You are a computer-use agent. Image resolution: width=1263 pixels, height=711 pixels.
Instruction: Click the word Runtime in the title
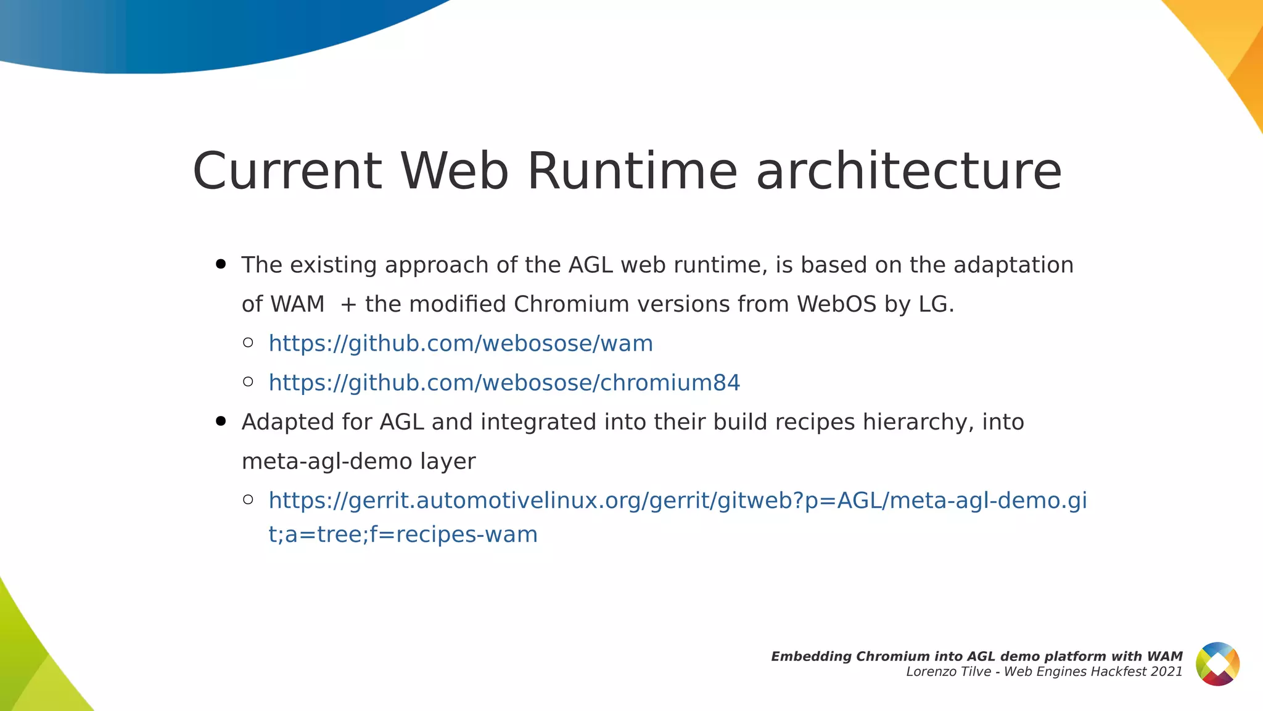click(632, 171)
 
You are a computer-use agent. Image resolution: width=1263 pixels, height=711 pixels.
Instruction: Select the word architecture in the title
click(909, 171)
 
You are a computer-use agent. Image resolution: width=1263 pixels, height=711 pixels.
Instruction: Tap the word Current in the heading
click(287, 171)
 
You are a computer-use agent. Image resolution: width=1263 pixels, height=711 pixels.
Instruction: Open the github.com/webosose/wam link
click(461, 343)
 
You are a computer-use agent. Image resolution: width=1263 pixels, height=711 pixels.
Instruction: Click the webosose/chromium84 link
click(504, 383)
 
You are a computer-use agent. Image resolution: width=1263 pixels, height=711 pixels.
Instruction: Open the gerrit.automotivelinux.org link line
click(677, 501)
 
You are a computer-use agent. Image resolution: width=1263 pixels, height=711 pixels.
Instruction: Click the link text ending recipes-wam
click(403, 534)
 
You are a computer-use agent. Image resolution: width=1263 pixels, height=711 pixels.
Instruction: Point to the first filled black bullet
click(221, 265)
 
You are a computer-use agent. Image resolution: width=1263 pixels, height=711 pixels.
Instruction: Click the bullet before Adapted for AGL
click(221, 422)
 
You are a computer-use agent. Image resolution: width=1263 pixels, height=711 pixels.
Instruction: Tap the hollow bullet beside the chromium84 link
click(248, 382)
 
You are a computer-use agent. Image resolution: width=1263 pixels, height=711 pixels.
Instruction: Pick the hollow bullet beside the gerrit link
click(248, 499)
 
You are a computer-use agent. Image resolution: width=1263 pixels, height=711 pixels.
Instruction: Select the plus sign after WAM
click(348, 305)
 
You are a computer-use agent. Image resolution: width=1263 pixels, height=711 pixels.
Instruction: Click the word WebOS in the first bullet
click(836, 304)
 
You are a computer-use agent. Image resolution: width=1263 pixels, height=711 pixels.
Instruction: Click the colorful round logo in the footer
click(1217, 664)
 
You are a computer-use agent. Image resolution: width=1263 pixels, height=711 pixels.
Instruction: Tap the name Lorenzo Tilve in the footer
click(947, 672)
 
